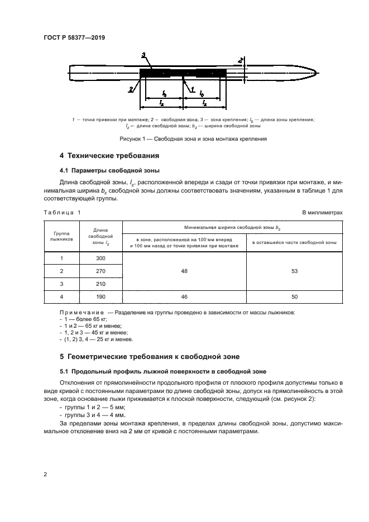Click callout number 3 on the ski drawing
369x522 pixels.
(143, 55)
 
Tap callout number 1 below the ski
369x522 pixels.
(192, 89)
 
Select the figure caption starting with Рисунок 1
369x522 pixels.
(193, 138)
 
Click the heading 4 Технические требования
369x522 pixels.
(109, 155)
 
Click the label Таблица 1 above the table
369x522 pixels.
(62, 213)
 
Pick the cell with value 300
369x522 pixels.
(100, 258)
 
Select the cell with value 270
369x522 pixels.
(100, 271)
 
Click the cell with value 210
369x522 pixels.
(100, 284)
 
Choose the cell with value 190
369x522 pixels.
(100, 298)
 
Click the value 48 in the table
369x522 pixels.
(184, 271)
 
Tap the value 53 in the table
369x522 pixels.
(294, 271)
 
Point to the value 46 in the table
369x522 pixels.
(184, 298)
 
